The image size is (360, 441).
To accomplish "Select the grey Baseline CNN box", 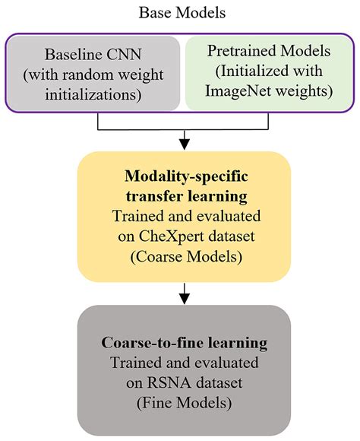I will [x=96, y=73].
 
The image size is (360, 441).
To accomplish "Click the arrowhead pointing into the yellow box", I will [x=183, y=144].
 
